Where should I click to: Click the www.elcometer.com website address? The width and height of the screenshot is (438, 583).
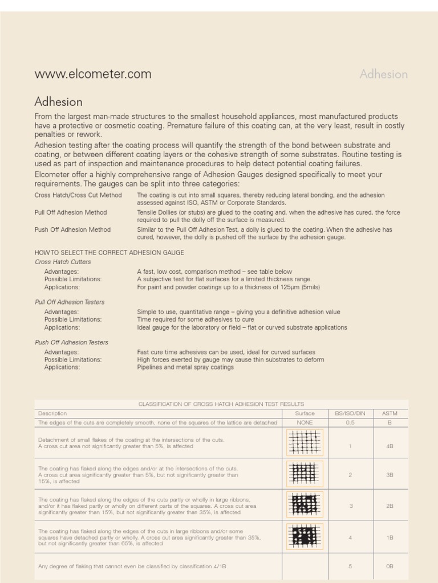click(x=93, y=74)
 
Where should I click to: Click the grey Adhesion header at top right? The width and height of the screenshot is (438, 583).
click(x=383, y=74)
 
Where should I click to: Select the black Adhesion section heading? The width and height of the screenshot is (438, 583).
click(x=58, y=102)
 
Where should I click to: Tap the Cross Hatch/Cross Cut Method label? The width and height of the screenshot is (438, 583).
click(x=78, y=195)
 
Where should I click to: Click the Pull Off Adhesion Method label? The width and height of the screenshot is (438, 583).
click(x=71, y=212)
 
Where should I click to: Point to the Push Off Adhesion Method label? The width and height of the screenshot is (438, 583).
click(x=72, y=229)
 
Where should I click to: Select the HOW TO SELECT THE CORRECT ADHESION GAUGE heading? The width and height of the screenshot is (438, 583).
click(x=109, y=252)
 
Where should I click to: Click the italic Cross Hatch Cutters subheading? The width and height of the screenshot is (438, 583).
click(x=63, y=262)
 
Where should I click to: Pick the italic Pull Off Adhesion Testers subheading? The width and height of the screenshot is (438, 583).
click(x=70, y=302)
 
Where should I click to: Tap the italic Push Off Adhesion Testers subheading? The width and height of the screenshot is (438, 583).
click(x=71, y=343)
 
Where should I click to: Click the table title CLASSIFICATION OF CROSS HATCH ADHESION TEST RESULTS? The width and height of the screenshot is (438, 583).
click(x=221, y=404)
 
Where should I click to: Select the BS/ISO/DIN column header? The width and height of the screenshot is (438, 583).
click(x=350, y=413)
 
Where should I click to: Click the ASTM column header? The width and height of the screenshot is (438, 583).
click(x=390, y=413)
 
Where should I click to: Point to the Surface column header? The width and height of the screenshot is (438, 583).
click(x=305, y=413)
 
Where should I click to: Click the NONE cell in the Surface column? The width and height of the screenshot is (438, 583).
click(x=305, y=422)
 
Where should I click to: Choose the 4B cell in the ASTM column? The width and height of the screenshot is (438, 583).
click(x=390, y=446)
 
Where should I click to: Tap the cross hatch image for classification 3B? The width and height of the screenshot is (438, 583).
click(x=305, y=474)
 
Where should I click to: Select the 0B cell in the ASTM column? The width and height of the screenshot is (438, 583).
click(x=390, y=566)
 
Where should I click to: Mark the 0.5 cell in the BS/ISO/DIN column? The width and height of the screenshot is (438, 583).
click(x=350, y=422)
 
